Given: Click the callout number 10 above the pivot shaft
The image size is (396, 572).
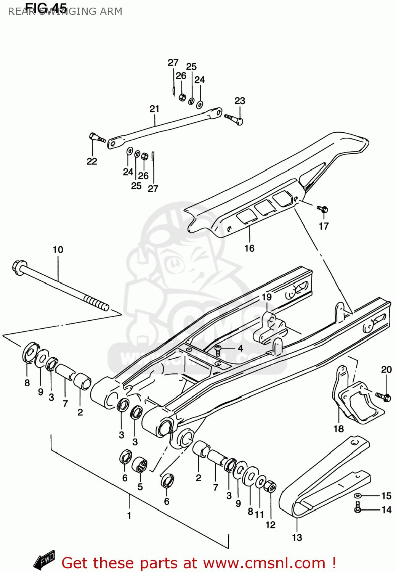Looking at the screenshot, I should coord(58,250).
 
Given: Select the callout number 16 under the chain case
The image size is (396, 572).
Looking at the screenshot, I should coord(249,248).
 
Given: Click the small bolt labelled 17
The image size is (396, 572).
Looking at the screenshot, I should coord(323,209).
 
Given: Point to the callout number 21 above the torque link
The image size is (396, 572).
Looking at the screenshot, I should coord(154,109).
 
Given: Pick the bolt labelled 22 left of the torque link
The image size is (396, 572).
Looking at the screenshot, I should coord(96,137).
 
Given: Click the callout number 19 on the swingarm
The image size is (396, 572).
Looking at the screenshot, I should coord(266,297).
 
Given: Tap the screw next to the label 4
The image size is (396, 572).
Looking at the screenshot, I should coord(218,350).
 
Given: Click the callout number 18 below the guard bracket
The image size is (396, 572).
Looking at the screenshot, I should coord(338,429).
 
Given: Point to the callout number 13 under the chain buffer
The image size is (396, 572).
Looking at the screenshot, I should coord(297,537).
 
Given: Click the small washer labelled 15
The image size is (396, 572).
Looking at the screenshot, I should coord(358,496).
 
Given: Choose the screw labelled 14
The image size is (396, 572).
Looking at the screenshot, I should coord(358,508).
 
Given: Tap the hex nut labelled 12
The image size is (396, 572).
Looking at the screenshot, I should coord(270,487).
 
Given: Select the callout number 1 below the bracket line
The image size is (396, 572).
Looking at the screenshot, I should coord(129,516).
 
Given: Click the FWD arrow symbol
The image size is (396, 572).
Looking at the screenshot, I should coord(44,559).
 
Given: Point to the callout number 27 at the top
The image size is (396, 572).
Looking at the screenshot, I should coord(173,63).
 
